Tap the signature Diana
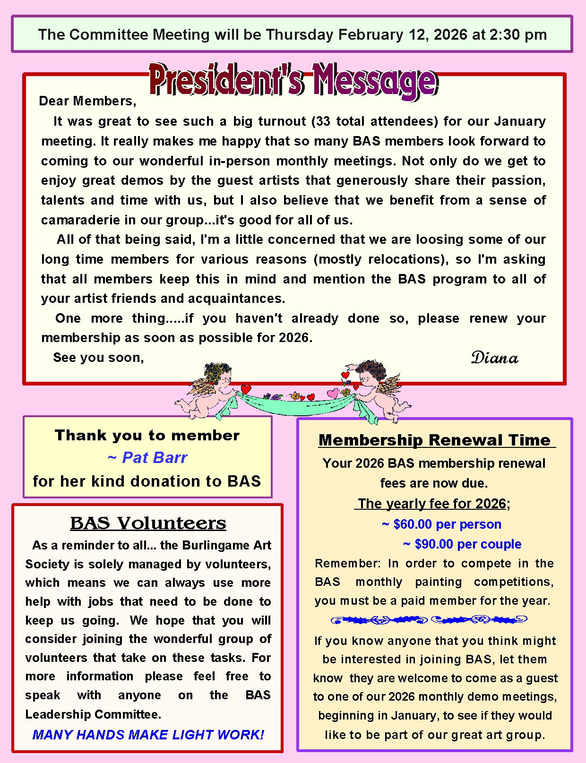[x=494, y=358]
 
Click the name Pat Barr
[x=148, y=457]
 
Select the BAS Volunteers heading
[x=148, y=523]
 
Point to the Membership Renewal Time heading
[x=435, y=440]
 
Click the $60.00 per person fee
[x=441, y=524]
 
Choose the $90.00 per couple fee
[x=462, y=544]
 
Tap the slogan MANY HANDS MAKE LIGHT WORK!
[x=148, y=735]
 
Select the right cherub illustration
[x=378, y=390]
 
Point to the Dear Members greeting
[x=87, y=101]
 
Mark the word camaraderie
[x=82, y=220]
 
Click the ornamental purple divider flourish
[x=428, y=620]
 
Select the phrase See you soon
[x=98, y=358]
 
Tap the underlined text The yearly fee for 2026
[x=432, y=504]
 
